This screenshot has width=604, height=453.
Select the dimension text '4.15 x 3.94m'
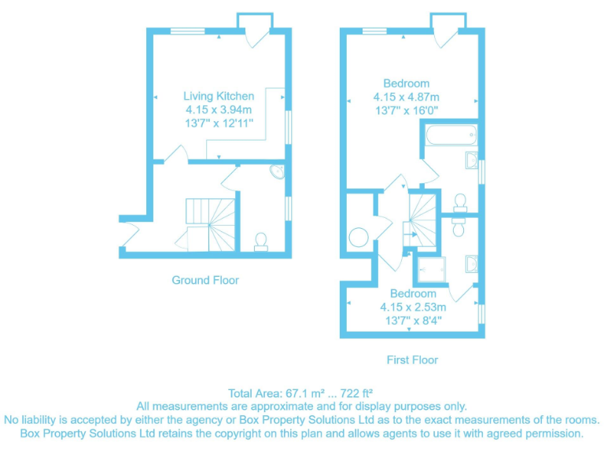[218, 109]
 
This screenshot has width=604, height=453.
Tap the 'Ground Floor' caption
[205, 280]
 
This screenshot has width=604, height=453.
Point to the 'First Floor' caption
[412, 360]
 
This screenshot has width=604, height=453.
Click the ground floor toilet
[261, 241]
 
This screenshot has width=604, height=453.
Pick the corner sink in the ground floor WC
[276, 173]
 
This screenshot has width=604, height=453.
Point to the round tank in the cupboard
[358, 236]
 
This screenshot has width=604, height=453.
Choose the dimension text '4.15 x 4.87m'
[406, 98]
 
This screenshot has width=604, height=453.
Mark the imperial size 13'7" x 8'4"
[411, 320]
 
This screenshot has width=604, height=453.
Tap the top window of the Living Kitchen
[187, 31]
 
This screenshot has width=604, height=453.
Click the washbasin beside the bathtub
[471, 160]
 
